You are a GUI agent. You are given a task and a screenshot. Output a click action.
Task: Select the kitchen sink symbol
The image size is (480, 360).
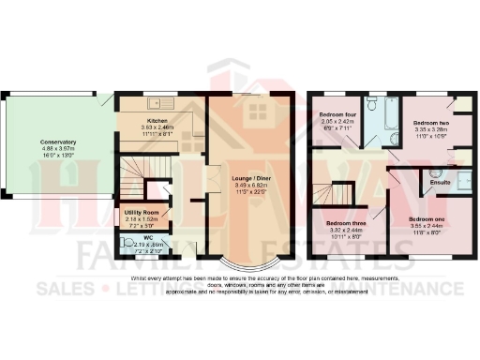click(154, 101)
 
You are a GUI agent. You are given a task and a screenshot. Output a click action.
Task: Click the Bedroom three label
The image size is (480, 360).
click(345, 222)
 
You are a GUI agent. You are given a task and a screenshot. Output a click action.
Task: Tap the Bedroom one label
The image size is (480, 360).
click(427, 217)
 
